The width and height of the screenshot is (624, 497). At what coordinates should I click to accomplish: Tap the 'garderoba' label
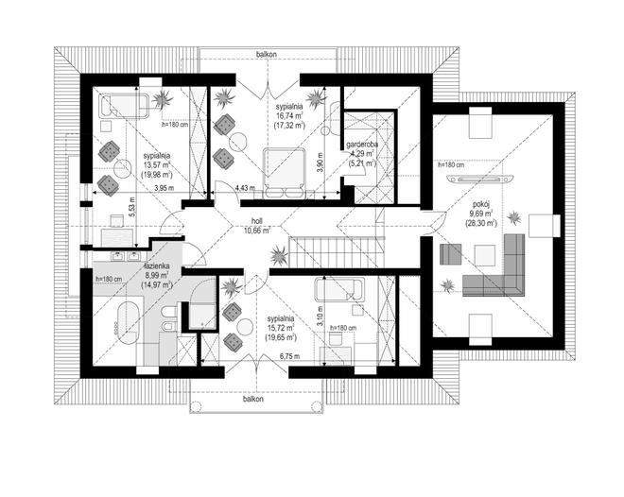pyautogui.click(x=362, y=145)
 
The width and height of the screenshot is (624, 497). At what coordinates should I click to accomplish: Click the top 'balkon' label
pyautogui.click(x=267, y=54)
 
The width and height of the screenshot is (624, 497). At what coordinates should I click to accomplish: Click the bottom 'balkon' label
pyautogui.click(x=253, y=399)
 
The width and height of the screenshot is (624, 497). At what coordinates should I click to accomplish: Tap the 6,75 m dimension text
pyautogui.click(x=289, y=356)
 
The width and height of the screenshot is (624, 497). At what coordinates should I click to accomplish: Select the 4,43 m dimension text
pyautogui.click(x=245, y=187)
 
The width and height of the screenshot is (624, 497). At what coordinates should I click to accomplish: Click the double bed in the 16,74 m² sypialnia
pyautogui.click(x=286, y=173)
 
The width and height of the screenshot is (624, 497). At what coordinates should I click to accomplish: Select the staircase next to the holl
pyautogui.click(x=337, y=252)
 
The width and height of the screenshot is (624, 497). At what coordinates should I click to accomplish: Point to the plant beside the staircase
pyautogui.click(x=278, y=256)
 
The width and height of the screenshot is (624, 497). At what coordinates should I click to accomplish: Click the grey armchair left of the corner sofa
pyautogui.click(x=450, y=254)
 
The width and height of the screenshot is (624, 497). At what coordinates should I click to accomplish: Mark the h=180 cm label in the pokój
pyautogui.click(x=450, y=164)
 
